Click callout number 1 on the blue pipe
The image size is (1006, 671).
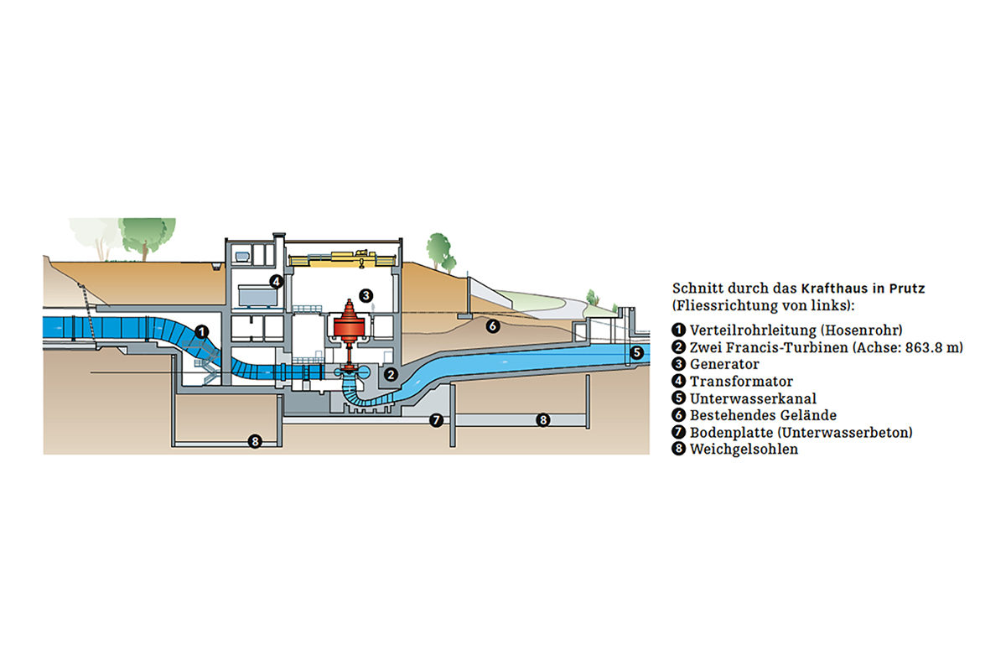coord(201,331)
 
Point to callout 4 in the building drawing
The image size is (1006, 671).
coord(275,281)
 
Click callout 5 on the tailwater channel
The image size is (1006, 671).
coord(636,352)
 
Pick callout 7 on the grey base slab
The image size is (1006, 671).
coord(436,420)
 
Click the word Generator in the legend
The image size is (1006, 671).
coord(724,365)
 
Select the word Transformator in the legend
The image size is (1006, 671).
coord(741,382)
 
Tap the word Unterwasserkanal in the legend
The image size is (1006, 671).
coord(753,398)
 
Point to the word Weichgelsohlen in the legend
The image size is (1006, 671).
coord(744,449)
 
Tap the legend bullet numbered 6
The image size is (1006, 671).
coord(679,415)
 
